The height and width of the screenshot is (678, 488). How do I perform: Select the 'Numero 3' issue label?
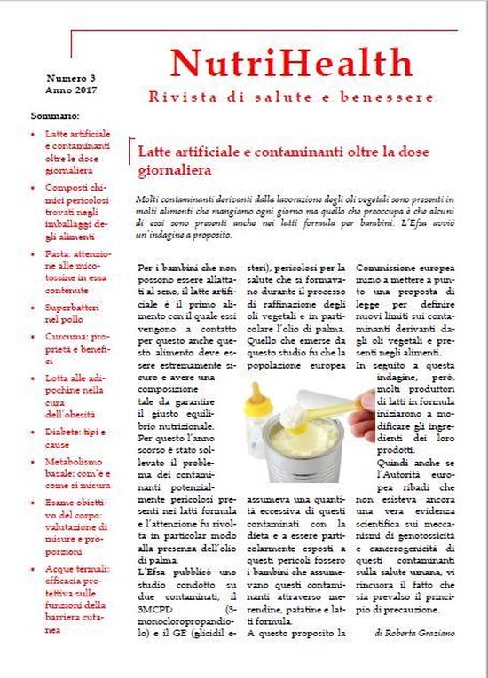(x=72, y=78)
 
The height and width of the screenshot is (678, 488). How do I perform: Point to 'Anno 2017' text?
(x=71, y=90)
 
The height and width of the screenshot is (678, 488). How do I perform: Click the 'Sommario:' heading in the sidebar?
(x=55, y=116)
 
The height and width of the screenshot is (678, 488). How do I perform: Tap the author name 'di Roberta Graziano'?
(x=416, y=634)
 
